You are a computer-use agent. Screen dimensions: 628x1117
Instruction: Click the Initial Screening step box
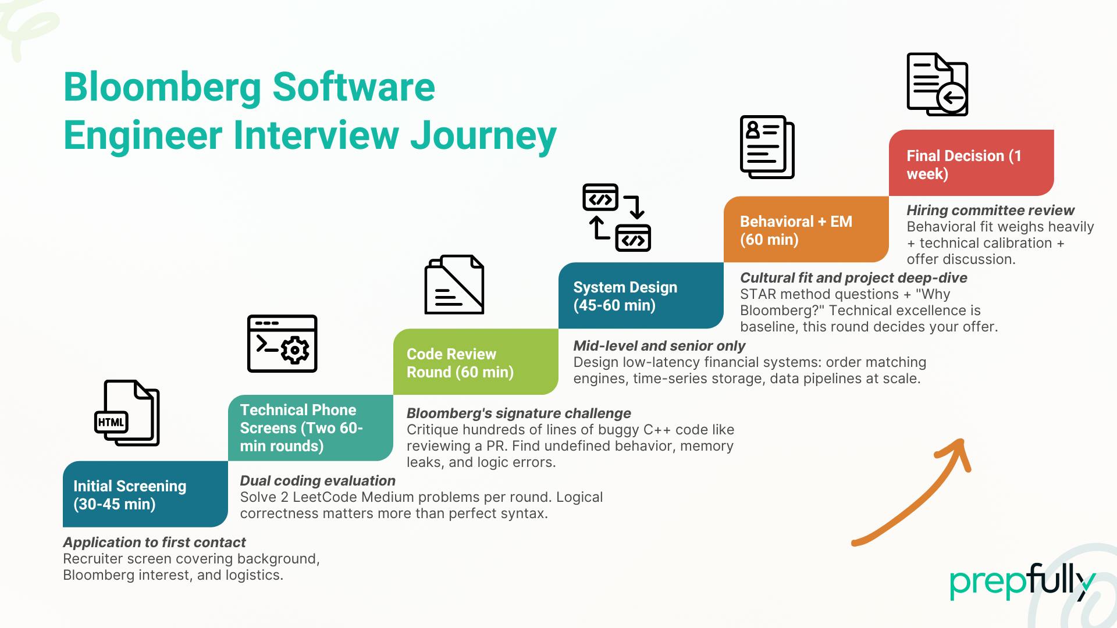145,494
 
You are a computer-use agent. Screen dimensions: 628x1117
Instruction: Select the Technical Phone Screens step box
310,428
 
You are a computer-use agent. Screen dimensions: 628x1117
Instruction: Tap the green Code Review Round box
475,362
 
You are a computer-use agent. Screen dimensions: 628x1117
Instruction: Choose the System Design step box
641,295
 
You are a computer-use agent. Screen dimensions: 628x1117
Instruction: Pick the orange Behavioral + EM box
806,230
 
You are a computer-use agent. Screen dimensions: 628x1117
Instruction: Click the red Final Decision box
971,163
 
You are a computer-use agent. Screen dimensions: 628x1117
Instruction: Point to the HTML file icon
127,413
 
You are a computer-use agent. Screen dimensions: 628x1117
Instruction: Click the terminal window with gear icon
282,344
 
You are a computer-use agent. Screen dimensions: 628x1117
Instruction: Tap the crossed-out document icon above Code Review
454,284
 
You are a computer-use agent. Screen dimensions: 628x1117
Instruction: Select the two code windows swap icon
617,217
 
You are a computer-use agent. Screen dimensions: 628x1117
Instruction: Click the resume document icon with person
767,147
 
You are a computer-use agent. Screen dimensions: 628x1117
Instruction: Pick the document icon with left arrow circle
937,84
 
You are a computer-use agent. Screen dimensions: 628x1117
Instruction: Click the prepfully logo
1022,581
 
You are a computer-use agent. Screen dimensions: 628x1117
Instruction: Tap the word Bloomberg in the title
162,87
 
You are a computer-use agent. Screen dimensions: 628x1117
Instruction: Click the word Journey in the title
483,135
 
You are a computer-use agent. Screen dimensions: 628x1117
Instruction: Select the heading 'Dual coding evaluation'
318,481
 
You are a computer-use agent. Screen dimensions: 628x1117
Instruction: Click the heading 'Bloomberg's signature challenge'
518,413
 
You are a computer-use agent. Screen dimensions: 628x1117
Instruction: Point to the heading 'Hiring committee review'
990,210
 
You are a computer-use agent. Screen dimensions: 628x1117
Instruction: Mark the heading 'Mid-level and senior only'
659,346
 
